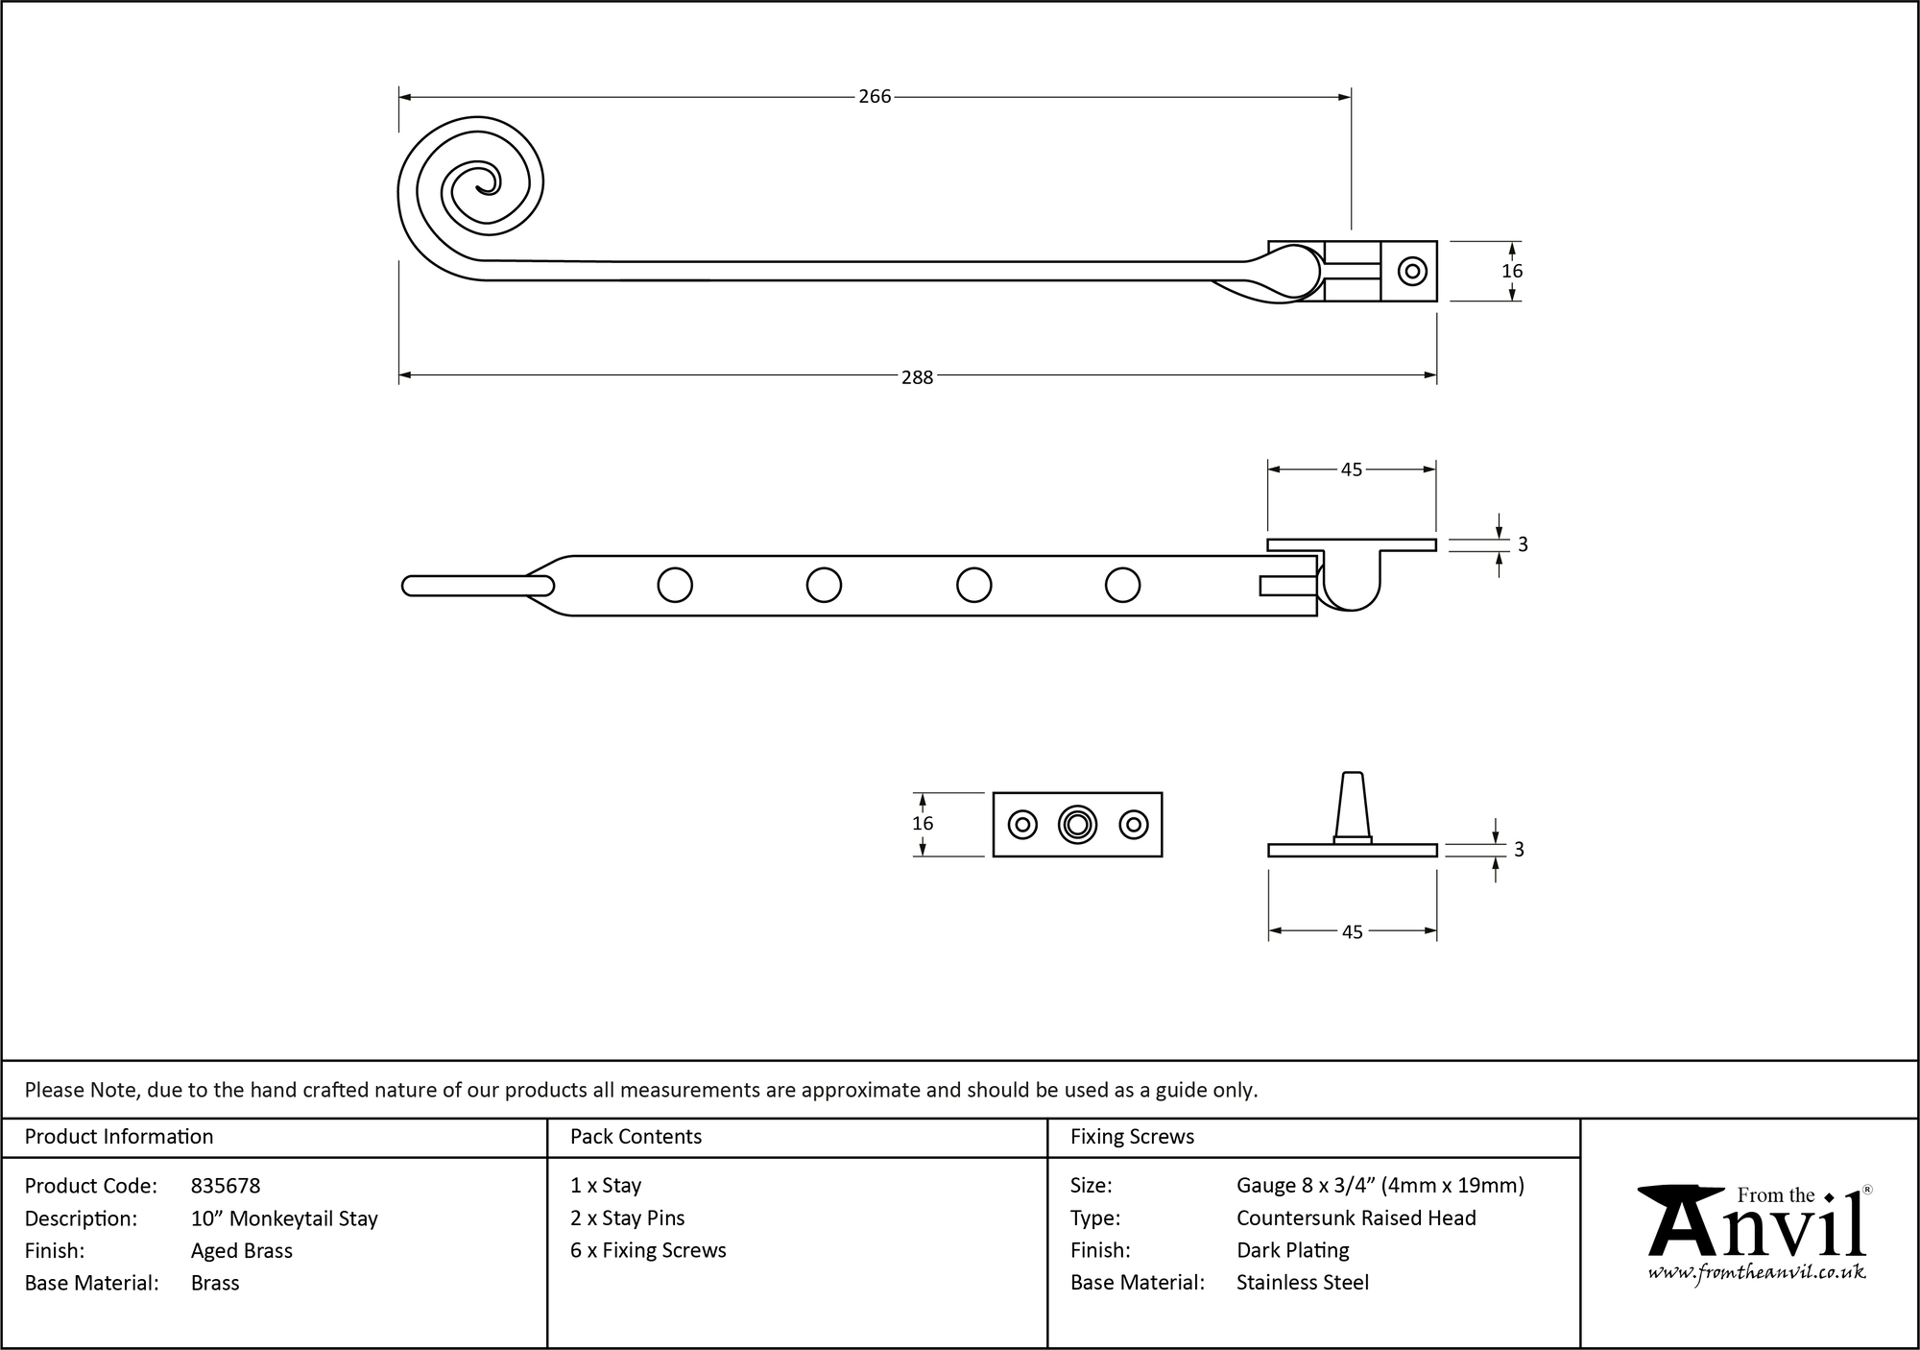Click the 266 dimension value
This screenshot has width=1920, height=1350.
(x=875, y=97)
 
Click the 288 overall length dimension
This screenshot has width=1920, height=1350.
(x=917, y=377)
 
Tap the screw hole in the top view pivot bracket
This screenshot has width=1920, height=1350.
(x=1411, y=272)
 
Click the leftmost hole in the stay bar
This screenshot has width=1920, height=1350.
(x=675, y=585)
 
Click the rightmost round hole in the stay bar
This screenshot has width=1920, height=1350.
(x=1122, y=585)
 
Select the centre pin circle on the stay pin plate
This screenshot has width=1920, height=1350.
(x=1077, y=825)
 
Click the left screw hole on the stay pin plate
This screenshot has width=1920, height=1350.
(x=1021, y=825)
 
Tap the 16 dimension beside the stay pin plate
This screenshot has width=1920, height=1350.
(x=923, y=824)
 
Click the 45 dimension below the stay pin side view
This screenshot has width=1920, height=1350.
(x=1352, y=932)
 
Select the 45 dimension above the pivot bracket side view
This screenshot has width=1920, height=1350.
(x=1351, y=470)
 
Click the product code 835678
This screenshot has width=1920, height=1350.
(x=226, y=1186)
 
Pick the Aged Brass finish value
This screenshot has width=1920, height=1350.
(x=242, y=1250)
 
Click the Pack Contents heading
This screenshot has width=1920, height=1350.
(x=636, y=1137)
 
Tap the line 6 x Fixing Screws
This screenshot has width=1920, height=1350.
(x=648, y=1250)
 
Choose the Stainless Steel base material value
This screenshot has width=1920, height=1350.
(x=1302, y=1283)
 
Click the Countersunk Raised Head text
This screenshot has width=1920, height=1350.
(x=1356, y=1218)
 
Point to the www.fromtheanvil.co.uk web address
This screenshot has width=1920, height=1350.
(x=1757, y=1273)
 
